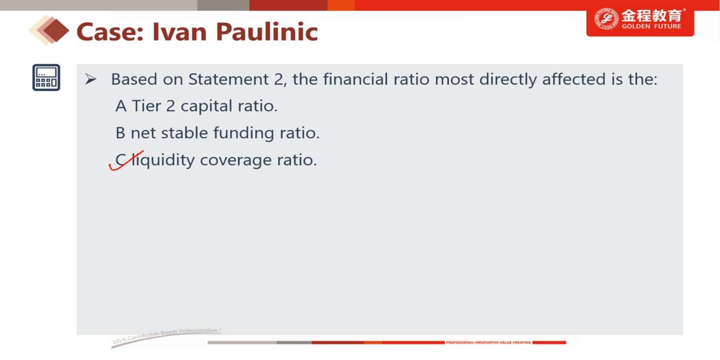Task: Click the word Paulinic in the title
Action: pyautogui.click(x=267, y=32)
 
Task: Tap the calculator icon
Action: pyautogui.click(x=46, y=77)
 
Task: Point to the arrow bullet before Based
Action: pyautogui.click(x=91, y=79)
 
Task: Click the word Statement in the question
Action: pyautogui.click(x=228, y=79)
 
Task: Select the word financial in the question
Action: pyautogui.click(x=355, y=79)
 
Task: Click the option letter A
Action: pyautogui.click(x=121, y=106)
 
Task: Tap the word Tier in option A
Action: pyautogui.click(x=146, y=106)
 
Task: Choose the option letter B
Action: pyautogui.click(x=120, y=133)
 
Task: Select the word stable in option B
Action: pyautogui.click(x=184, y=133)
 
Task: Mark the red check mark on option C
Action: pyautogui.click(x=126, y=161)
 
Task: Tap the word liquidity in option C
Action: pyautogui.click(x=163, y=160)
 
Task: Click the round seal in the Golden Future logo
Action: pyautogui.click(x=606, y=19)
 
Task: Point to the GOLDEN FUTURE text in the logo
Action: pyautogui.click(x=651, y=26)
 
